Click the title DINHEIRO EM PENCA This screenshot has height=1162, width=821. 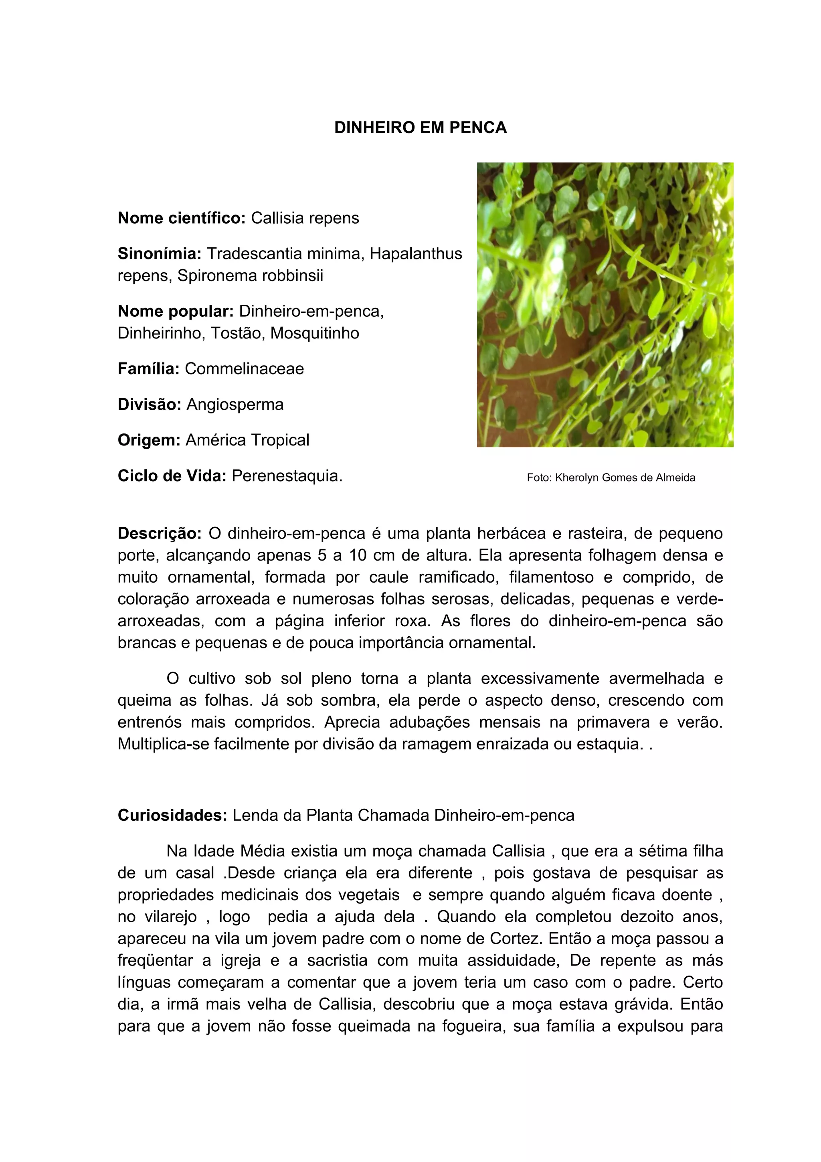(421, 128)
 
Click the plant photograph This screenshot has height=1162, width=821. (605, 304)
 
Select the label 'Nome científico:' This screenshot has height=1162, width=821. (182, 218)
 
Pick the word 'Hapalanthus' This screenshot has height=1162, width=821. (416, 253)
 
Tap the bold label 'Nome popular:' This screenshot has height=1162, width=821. (176, 311)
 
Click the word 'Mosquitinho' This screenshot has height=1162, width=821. (315, 334)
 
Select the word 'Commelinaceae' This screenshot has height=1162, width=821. (244, 369)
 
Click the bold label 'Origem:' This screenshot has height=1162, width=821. (149, 440)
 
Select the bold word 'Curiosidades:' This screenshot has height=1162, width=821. (172, 815)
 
